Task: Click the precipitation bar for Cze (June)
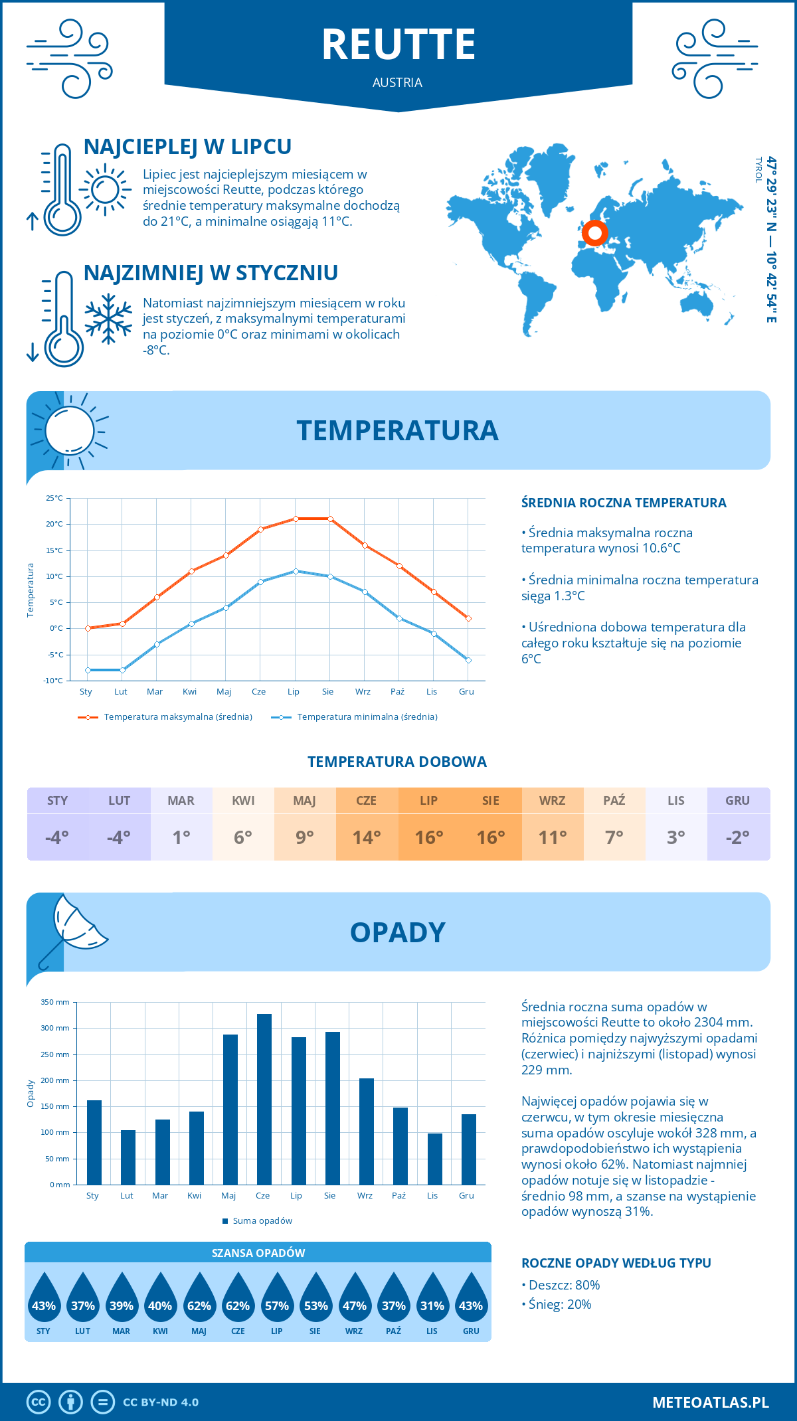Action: click(264, 1099)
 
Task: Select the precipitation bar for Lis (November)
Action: click(434, 1159)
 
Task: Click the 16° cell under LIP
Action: click(428, 837)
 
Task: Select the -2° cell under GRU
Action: click(738, 837)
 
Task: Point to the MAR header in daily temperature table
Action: click(181, 800)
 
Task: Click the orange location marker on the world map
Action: click(594, 233)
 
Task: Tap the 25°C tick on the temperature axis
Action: click(54, 498)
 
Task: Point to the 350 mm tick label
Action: click(55, 1002)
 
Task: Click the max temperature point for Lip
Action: click(296, 519)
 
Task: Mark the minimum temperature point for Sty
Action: click(88, 670)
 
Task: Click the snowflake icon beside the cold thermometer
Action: click(108, 319)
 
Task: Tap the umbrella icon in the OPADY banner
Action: click(72, 927)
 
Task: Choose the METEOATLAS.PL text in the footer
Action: click(711, 1402)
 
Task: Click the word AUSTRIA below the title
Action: click(397, 82)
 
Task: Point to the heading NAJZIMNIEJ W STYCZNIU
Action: click(211, 273)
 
